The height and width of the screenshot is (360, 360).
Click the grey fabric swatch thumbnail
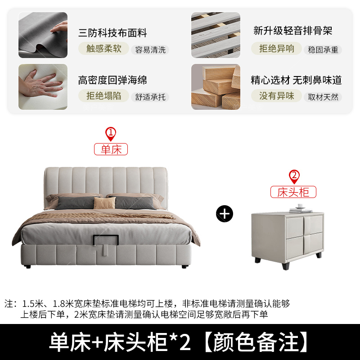click(43, 35)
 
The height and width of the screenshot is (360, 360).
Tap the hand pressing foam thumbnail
click(43, 87)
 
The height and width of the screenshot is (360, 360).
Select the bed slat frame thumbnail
click(216, 35)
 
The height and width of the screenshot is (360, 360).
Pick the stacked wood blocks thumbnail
click(216, 87)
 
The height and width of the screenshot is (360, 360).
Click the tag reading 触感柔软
click(103, 49)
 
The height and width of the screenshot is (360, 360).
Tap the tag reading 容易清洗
click(150, 50)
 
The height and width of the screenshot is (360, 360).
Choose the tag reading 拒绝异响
click(276, 49)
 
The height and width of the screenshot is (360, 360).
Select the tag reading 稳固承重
click(323, 50)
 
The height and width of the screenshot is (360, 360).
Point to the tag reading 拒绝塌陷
click(103, 96)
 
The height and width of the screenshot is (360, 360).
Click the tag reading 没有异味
click(276, 96)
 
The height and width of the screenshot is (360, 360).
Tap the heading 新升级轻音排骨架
click(293, 31)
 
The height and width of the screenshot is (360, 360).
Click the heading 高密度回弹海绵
click(112, 80)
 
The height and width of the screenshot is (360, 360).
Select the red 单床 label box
click(111, 149)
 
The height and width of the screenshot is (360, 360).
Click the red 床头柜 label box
click(293, 192)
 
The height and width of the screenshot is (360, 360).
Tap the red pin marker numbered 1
click(111, 134)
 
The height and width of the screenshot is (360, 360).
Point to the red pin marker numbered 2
click(294, 176)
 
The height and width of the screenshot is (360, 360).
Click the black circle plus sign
click(225, 214)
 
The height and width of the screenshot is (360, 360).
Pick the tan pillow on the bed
click(104, 203)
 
